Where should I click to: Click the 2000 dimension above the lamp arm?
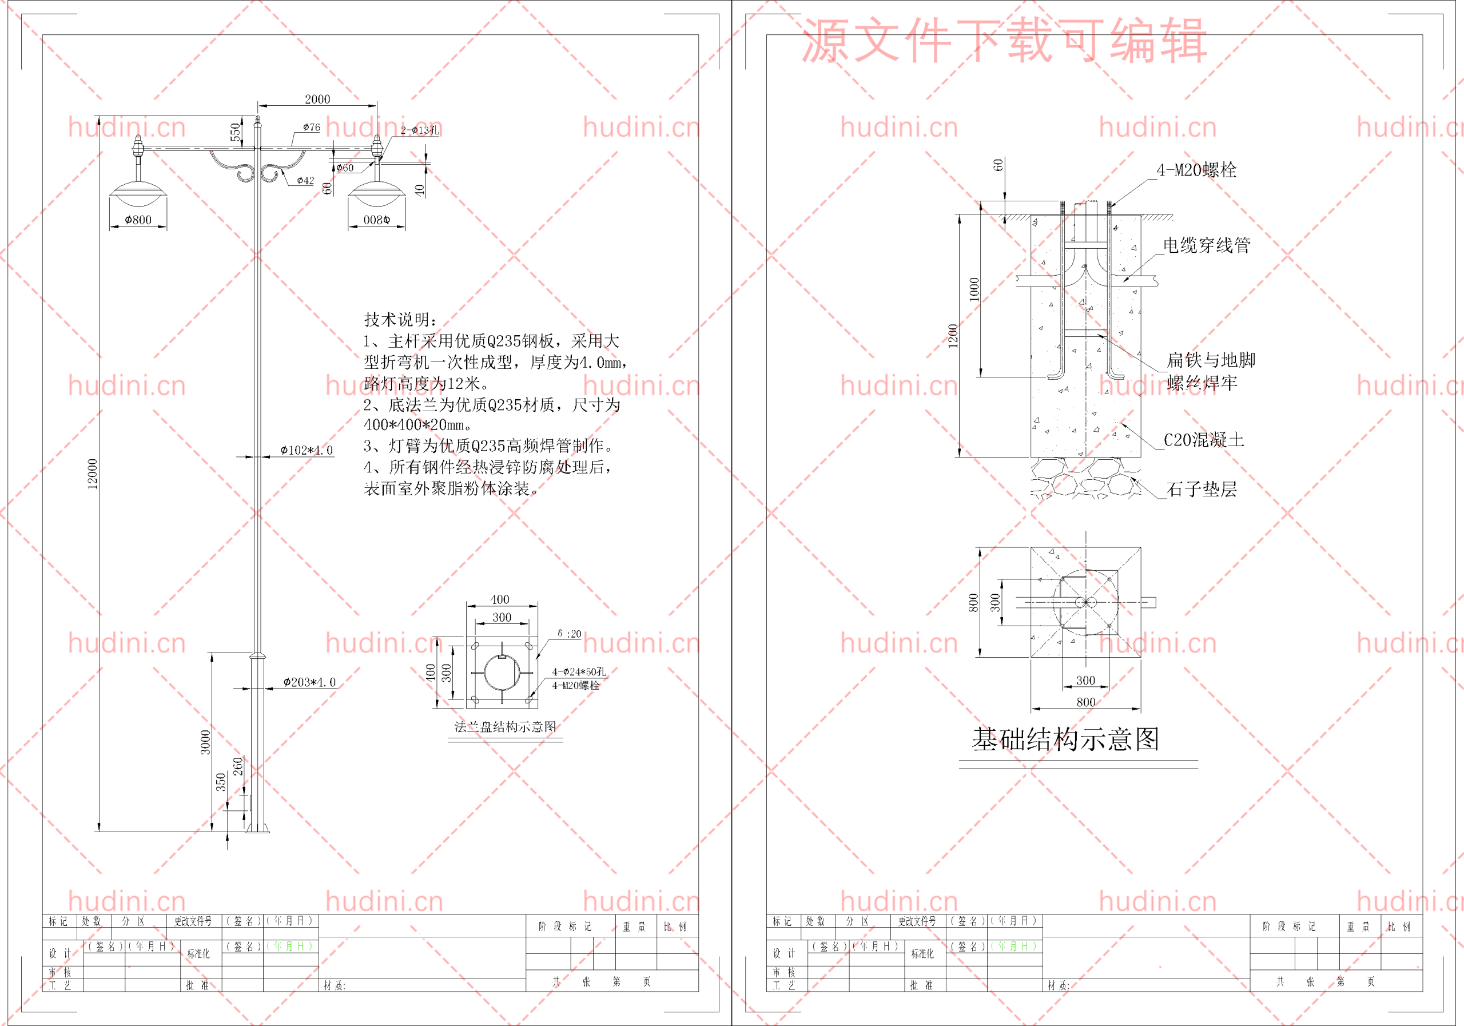pos(317,99)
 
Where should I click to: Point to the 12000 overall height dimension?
pos(93,474)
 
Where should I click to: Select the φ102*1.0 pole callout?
pos(307,450)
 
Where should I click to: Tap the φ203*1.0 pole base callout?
pos(309,682)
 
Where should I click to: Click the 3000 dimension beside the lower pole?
pos(205,742)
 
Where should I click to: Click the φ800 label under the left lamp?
pos(138,220)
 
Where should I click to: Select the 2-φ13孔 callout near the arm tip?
pos(420,130)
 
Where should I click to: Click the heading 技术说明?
pos(400,320)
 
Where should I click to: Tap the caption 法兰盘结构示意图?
pos(505,727)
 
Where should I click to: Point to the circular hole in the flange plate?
pos(502,673)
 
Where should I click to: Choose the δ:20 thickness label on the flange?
pos(570,634)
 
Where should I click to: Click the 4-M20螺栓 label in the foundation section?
pos(1196,170)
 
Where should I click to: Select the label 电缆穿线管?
pos(1207,245)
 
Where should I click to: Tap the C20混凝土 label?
pos(1204,440)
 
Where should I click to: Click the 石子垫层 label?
pos(1202,489)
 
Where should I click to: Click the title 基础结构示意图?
pos(1065,739)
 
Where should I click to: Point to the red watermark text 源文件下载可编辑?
pos(1004,41)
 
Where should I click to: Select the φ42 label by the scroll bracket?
pos(305,181)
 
